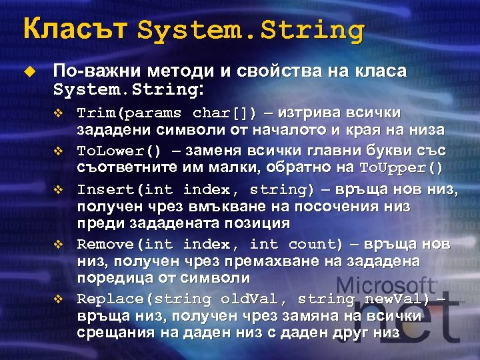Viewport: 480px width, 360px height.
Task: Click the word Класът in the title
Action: [74, 29]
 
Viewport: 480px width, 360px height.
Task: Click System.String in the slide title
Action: [251, 31]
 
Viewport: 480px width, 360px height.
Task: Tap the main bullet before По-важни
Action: [27, 71]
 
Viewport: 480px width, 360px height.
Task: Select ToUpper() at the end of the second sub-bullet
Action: [401, 166]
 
